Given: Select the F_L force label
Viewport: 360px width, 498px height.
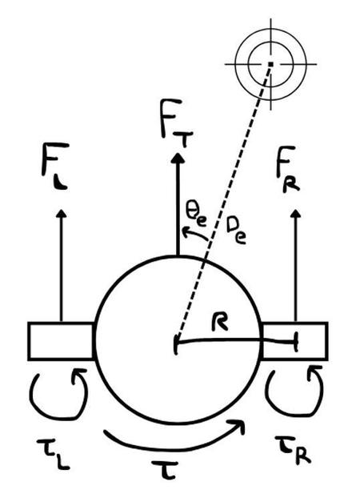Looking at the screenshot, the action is click(55, 166).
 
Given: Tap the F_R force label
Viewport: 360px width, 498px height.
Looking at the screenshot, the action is click(288, 169).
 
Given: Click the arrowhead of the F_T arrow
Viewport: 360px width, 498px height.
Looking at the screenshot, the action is click(178, 159).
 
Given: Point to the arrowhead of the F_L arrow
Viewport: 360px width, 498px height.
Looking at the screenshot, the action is click(62, 214).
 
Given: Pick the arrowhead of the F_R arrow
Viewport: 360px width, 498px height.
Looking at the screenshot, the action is click(296, 213).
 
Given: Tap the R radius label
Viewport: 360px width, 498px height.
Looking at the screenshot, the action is click(220, 322).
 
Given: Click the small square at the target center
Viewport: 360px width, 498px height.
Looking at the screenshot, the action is click(270, 64).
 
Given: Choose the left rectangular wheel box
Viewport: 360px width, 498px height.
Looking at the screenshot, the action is click(62, 341).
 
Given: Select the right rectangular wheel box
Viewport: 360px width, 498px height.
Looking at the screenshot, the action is click(294, 341).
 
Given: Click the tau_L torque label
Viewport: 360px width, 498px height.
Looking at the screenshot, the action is click(53, 453).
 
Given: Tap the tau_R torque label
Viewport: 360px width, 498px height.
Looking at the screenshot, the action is click(292, 449).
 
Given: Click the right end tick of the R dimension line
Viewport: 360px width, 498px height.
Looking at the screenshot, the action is click(296, 341).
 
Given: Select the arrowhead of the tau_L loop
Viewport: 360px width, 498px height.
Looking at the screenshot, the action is click(78, 375).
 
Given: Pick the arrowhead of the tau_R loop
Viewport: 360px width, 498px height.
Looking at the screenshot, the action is click(315, 371).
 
